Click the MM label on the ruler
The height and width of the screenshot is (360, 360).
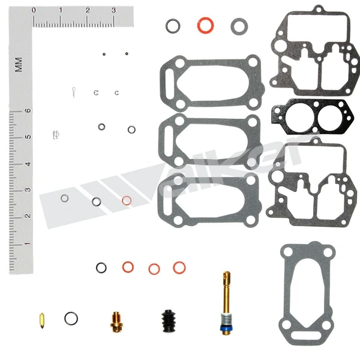pyautogui.click(x=19, y=63)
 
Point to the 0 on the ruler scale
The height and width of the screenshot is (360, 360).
pyautogui.click(x=34, y=10)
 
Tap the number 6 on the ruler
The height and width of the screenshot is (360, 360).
pyautogui.click(x=27, y=111)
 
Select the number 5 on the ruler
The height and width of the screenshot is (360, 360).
pyautogui.click(x=27, y=137)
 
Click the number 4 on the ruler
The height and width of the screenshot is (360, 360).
pyautogui.click(x=27, y=164)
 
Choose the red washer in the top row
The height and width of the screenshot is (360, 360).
pyautogui.click(x=205, y=25)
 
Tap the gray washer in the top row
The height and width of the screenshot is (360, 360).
pyautogui.click(x=239, y=26)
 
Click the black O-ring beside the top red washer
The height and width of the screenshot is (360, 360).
pyautogui.click(x=173, y=26)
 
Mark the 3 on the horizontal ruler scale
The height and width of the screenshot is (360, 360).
pyautogui.click(x=114, y=10)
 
